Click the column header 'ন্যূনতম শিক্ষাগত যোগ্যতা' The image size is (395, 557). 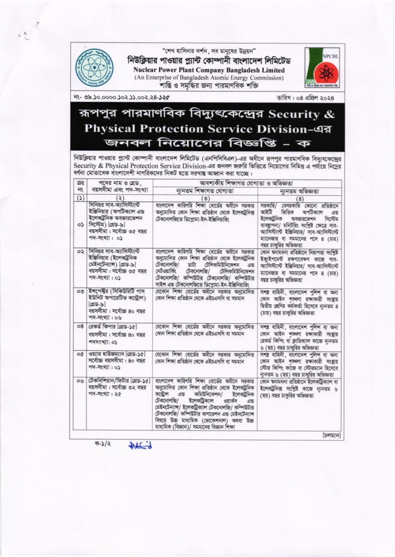[205, 191]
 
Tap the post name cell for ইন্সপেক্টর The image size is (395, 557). [119, 302]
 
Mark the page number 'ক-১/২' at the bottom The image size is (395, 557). [103, 444]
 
